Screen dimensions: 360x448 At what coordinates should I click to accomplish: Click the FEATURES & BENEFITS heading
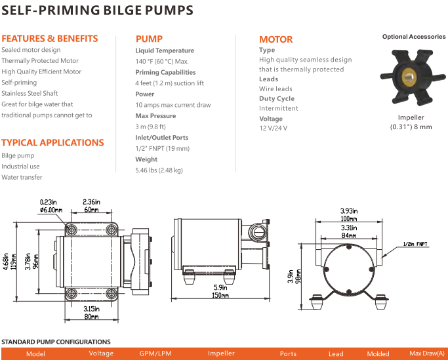(x=50, y=38)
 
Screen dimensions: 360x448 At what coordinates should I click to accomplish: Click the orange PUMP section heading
(x=149, y=38)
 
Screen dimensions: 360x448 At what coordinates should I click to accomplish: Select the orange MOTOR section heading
(x=276, y=39)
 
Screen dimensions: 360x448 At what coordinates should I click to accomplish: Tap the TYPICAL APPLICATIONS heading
(x=52, y=142)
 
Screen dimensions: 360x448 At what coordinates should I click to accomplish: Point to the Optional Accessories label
(x=414, y=37)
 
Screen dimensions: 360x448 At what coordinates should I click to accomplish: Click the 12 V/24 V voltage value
(x=273, y=128)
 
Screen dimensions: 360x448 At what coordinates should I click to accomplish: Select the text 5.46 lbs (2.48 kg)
(x=159, y=170)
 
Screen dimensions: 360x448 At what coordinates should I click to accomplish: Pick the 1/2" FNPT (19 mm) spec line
(x=162, y=148)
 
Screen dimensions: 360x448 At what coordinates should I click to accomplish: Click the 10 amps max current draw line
(x=173, y=105)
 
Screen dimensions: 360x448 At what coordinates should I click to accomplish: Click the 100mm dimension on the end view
(x=348, y=217)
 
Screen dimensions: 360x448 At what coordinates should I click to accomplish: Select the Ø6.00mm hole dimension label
(x=51, y=210)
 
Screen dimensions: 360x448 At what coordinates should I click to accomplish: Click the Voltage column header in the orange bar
(x=101, y=353)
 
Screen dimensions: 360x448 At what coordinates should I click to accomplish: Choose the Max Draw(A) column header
(x=426, y=353)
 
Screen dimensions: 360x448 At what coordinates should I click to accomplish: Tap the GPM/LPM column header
(x=155, y=353)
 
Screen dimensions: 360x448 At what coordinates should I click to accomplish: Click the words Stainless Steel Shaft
(x=30, y=93)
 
